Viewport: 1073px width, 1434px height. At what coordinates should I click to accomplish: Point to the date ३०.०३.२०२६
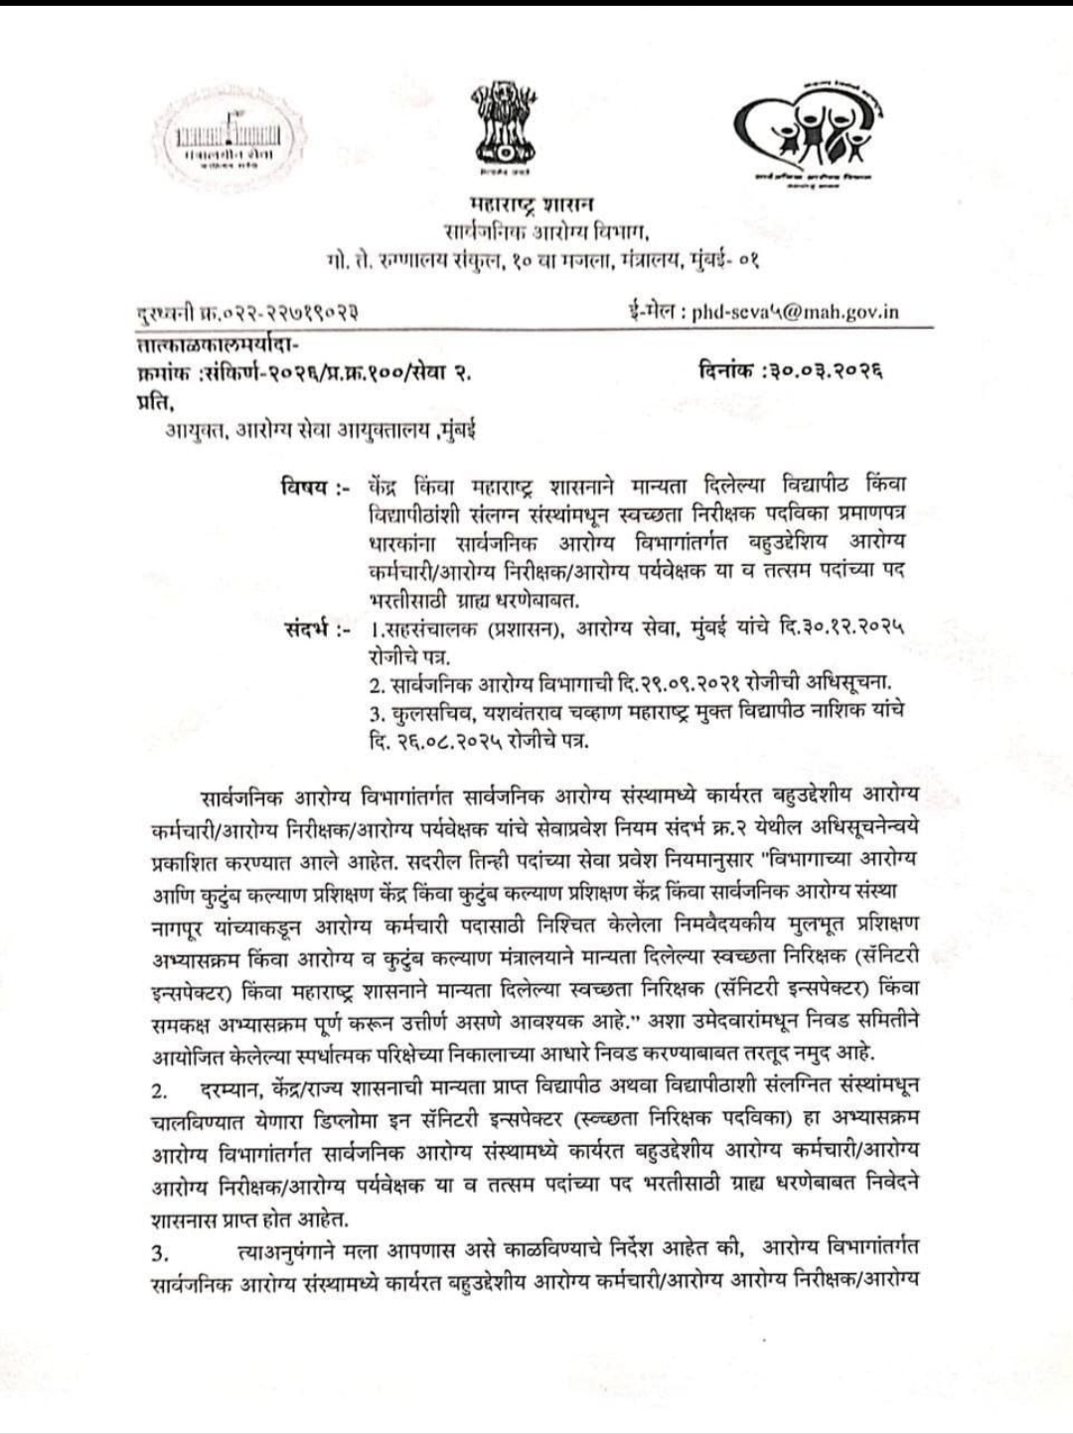(x=822, y=374)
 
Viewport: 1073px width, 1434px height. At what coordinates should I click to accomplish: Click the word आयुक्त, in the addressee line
(x=199, y=433)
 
